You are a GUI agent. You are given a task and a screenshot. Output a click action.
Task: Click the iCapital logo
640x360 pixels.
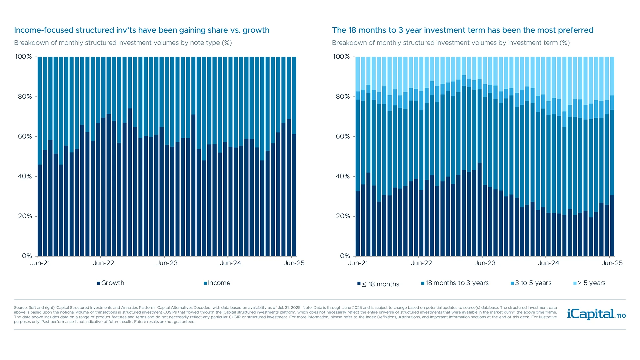pyautogui.click(x=591, y=314)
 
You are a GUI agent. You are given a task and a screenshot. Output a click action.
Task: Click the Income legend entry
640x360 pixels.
pyautogui.click(x=217, y=283)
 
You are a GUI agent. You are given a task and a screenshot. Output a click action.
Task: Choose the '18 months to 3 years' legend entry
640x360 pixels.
pyautogui.click(x=455, y=283)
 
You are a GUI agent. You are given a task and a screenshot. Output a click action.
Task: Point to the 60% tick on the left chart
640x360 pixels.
pyautogui.click(x=25, y=136)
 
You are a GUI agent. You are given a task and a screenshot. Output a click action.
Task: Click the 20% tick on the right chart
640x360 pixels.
pyautogui.click(x=343, y=216)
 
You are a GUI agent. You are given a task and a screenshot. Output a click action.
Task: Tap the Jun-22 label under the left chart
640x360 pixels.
pyautogui.click(x=103, y=263)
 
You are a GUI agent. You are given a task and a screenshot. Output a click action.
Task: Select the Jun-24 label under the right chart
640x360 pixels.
pyautogui.click(x=548, y=263)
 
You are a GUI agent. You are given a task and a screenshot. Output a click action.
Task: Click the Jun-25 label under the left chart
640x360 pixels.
pyautogui.click(x=294, y=263)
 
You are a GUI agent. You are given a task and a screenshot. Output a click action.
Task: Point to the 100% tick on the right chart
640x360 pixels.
pyautogui.click(x=341, y=57)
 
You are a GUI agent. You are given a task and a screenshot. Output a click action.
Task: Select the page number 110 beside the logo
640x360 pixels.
pyautogui.click(x=621, y=316)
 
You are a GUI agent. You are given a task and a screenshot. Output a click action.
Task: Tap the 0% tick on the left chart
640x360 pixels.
pyautogui.click(x=27, y=256)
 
